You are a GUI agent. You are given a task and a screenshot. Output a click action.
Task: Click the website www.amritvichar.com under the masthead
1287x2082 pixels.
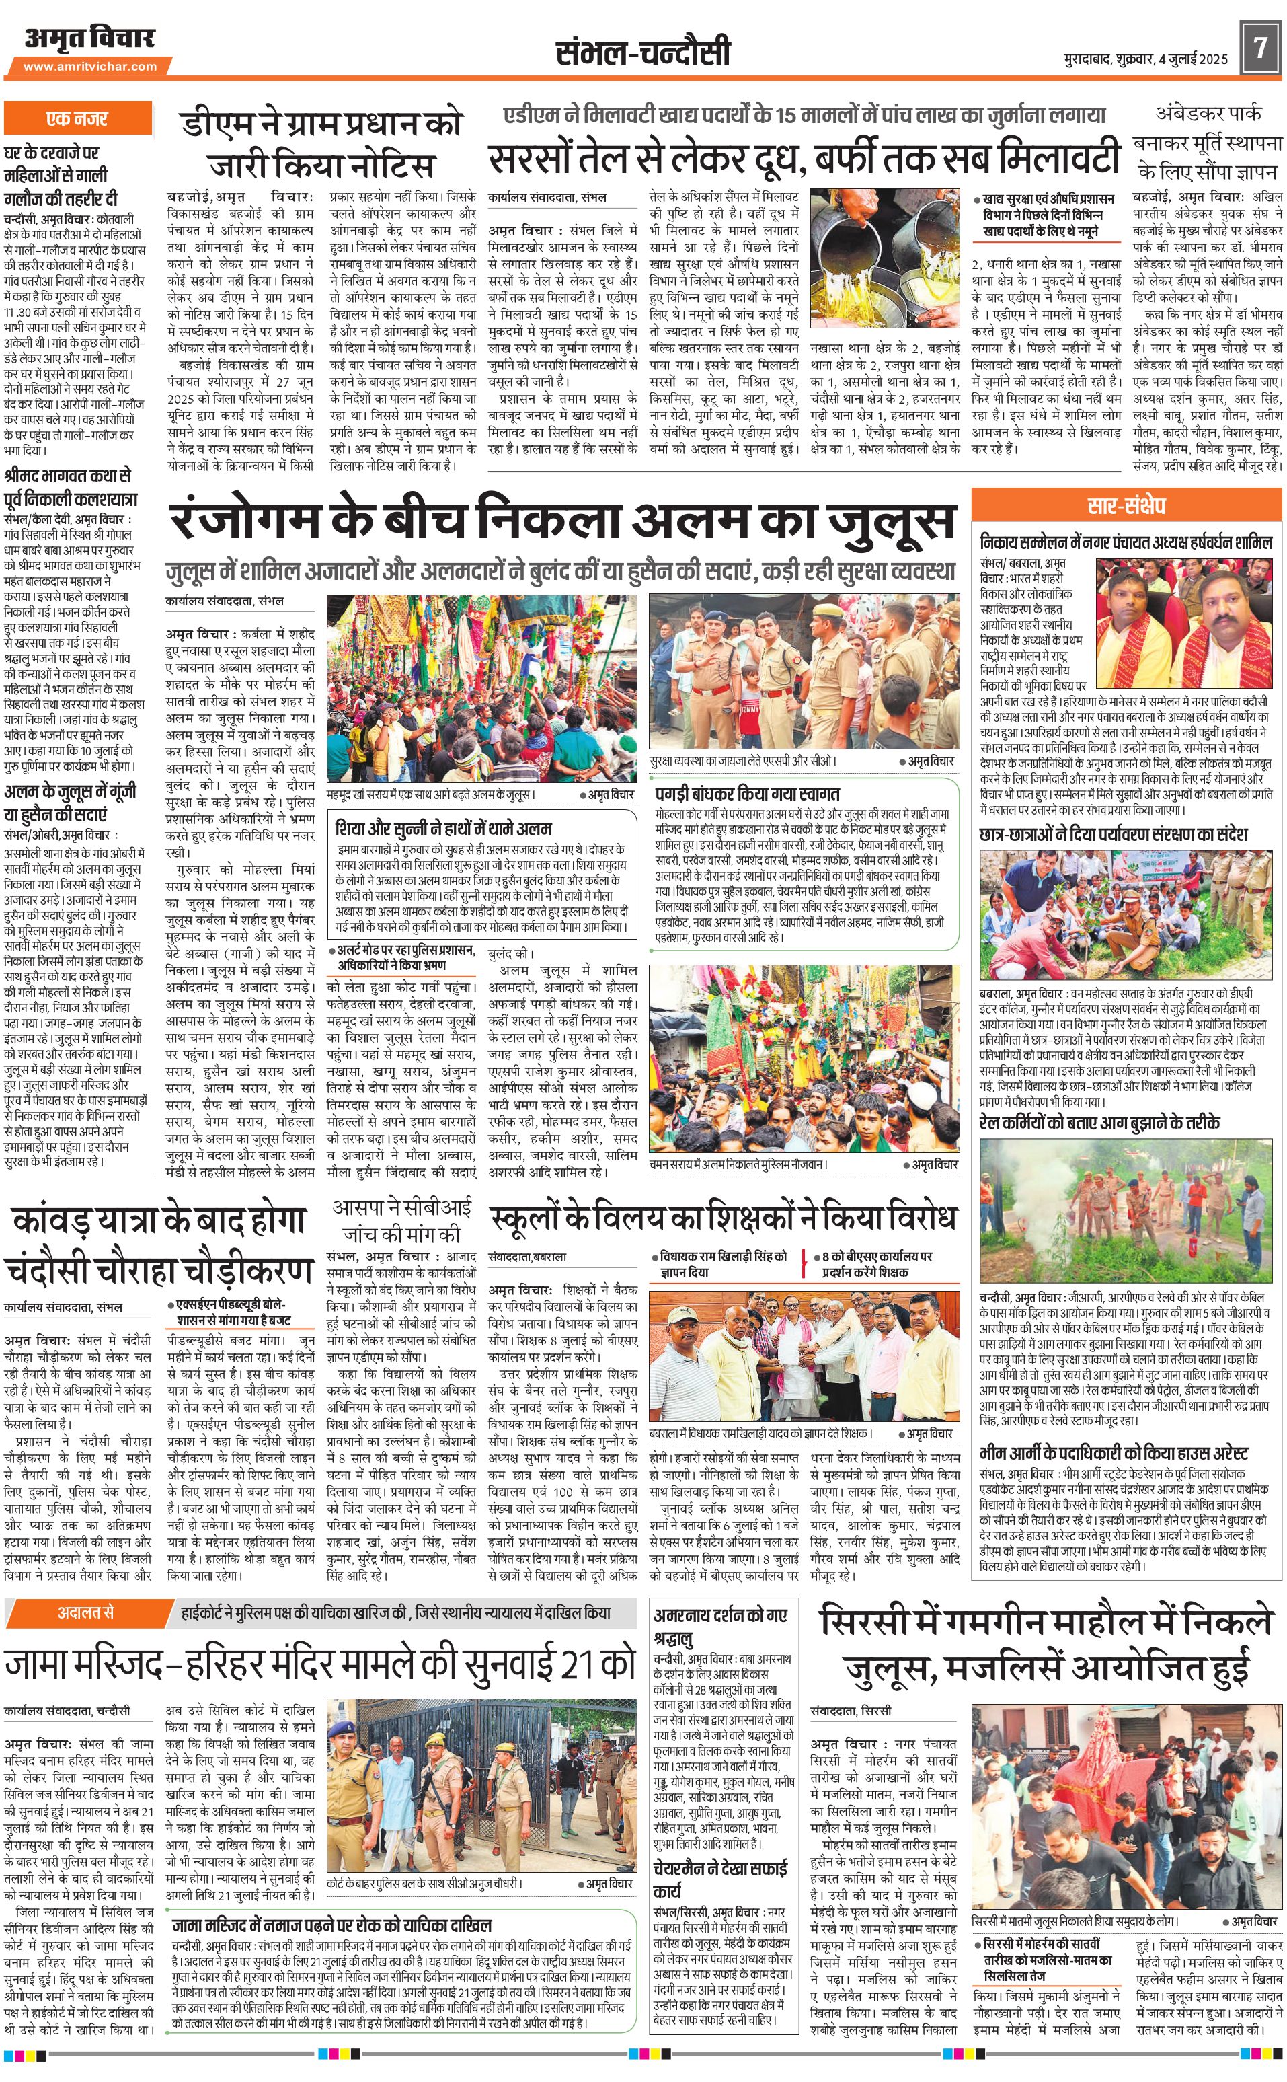tap(90, 67)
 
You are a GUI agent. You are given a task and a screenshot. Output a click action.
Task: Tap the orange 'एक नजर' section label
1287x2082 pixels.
tap(77, 118)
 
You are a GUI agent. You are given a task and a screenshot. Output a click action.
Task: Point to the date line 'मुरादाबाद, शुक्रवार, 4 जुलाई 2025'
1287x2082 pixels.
tap(1146, 60)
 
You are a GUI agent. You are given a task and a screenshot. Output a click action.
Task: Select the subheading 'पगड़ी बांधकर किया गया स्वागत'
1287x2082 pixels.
tap(746, 794)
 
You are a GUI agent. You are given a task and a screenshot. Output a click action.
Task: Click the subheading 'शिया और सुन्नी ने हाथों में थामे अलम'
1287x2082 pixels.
tap(444, 827)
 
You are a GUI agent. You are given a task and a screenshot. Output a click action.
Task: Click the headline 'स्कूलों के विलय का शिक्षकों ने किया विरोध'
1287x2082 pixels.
tap(723, 1220)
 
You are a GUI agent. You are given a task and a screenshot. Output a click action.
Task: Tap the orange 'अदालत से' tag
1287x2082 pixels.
tap(86, 1612)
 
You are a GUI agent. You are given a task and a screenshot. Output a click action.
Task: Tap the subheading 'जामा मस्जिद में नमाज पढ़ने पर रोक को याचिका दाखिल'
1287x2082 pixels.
tap(332, 1925)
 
